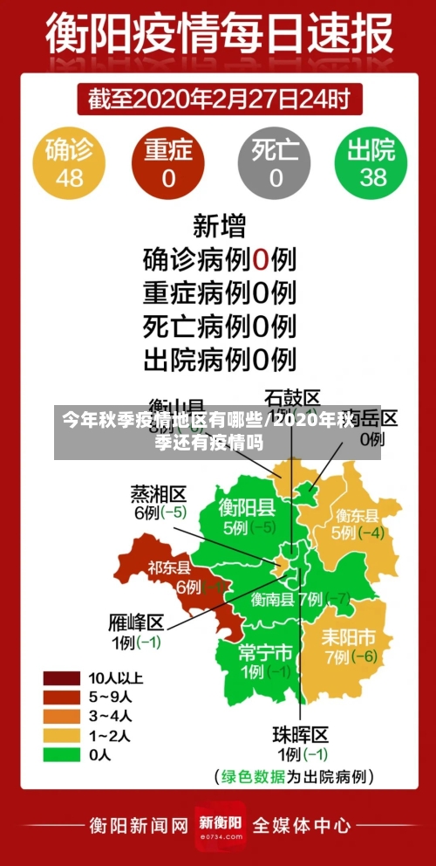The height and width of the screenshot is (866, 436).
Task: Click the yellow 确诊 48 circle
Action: (x=69, y=163)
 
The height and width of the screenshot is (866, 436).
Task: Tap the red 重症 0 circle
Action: (x=167, y=163)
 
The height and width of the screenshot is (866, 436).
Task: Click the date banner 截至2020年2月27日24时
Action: (x=219, y=98)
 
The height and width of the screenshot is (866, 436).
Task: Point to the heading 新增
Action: (x=219, y=226)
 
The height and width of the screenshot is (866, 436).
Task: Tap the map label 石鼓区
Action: (x=292, y=397)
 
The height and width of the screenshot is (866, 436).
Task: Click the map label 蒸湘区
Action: (x=159, y=493)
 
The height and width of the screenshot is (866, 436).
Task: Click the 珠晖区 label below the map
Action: (x=301, y=733)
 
